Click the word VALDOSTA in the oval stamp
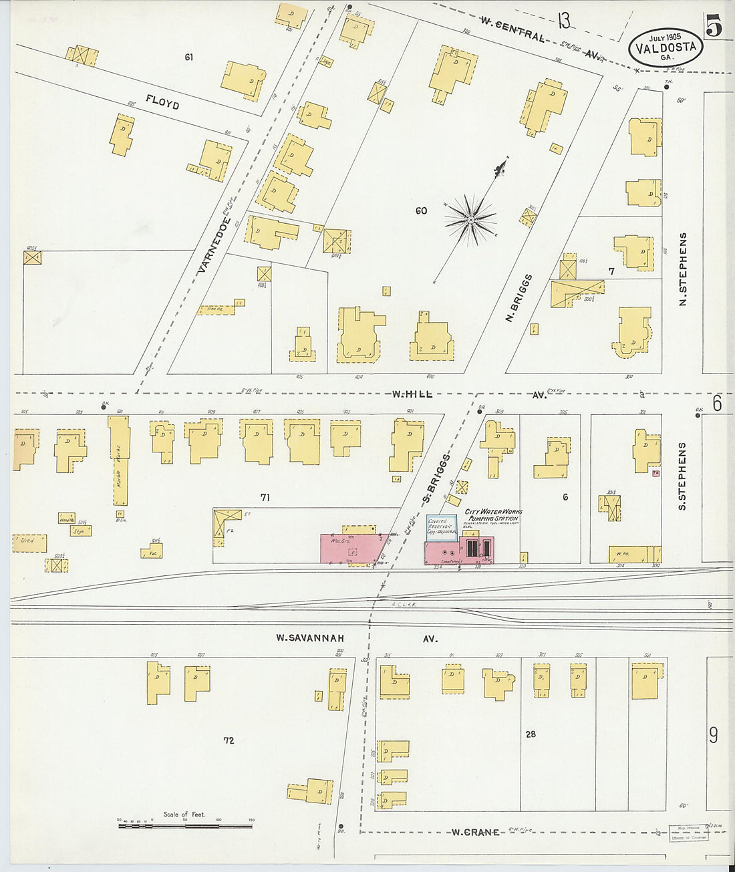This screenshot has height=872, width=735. pyautogui.click(x=666, y=47)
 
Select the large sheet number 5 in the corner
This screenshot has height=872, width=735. pyautogui.click(x=714, y=26)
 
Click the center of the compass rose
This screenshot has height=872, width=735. pyautogui.click(x=471, y=219)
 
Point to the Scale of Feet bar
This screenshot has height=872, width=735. pyautogui.click(x=185, y=826)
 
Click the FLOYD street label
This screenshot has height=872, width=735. pyautogui.click(x=162, y=102)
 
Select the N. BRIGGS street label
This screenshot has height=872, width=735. pyautogui.click(x=519, y=297)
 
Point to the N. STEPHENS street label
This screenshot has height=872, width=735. pyautogui.click(x=683, y=269)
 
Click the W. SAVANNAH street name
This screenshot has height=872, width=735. pyautogui.click(x=310, y=638)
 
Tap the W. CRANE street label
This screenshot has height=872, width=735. pyautogui.click(x=475, y=832)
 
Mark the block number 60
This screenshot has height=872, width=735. pyautogui.click(x=421, y=211)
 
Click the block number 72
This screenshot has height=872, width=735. pyautogui.click(x=229, y=740)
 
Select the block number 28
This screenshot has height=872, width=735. pyautogui.click(x=531, y=734)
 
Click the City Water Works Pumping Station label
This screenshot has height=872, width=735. pyautogui.click(x=493, y=515)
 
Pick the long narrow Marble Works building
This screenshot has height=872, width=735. pyautogui.click(x=119, y=460)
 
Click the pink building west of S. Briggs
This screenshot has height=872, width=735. pyautogui.click(x=349, y=548)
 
